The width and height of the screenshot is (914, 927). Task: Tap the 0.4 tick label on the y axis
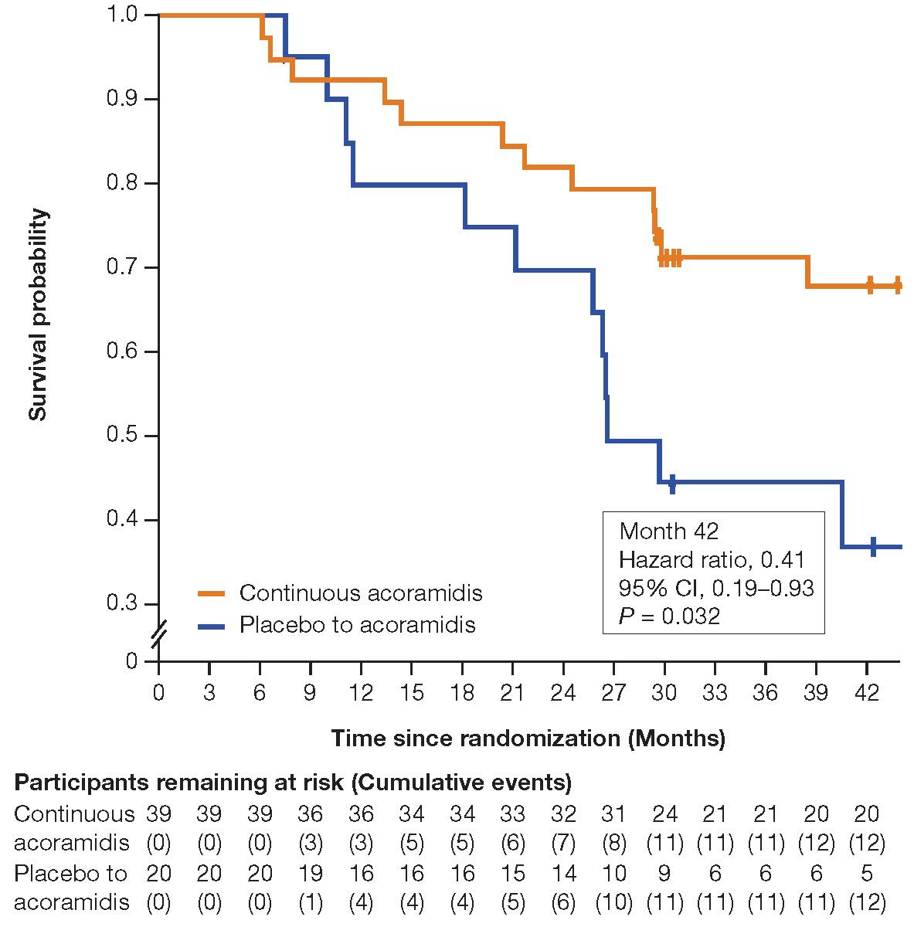(121, 520)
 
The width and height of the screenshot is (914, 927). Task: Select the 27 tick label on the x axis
(613, 693)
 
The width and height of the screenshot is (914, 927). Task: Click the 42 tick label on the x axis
(867, 693)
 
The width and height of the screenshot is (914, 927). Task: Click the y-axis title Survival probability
(38, 314)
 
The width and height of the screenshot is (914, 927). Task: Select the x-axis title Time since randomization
(528, 739)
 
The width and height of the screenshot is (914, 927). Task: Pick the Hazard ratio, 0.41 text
(712, 559)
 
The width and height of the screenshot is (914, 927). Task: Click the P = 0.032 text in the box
(670, 616)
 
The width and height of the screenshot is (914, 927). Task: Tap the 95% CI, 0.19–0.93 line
(716, 588)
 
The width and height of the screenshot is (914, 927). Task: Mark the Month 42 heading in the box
(669, 531)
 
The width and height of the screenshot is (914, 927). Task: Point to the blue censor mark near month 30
(672, 484)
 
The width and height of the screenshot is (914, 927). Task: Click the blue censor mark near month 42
(873, 546)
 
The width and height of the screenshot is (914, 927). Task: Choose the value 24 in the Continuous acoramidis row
(664, 814)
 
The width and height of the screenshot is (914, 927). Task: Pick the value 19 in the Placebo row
(311, 874)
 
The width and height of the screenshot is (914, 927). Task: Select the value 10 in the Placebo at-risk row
(613, 874)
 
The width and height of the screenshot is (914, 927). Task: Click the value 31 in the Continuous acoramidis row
(613, 814)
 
